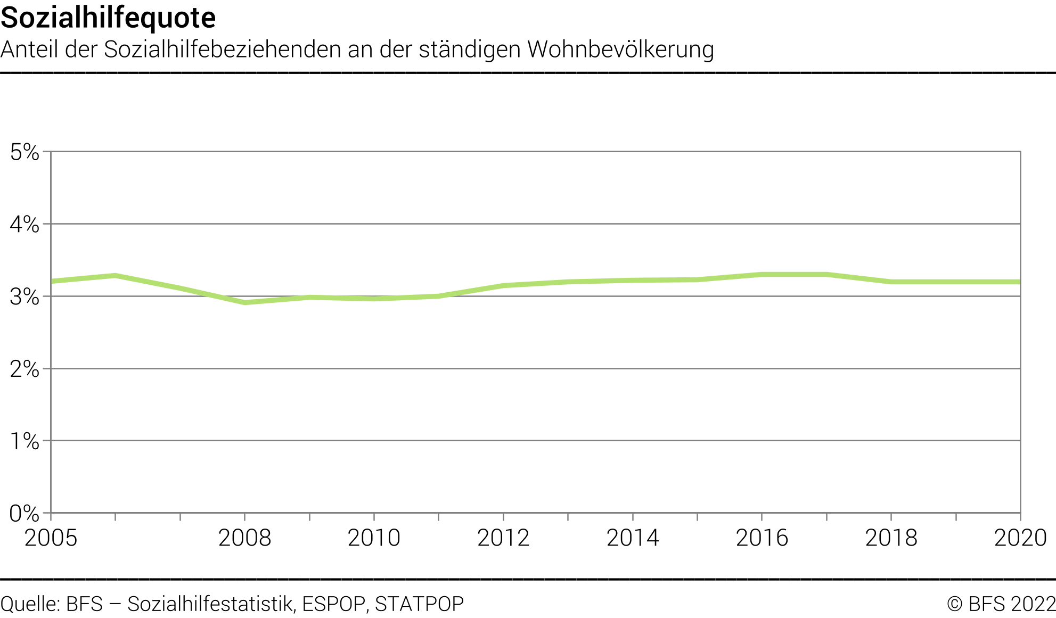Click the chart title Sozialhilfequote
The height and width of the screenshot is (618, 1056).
click(108, 18)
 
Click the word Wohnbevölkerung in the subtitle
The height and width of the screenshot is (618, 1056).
click(620, 50)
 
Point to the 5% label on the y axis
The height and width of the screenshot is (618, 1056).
click(24, 153)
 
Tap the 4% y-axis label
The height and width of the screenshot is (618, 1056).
click(24, 225)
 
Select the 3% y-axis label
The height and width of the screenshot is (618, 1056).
click(24, 297)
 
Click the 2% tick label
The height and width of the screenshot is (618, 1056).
click(24, 369)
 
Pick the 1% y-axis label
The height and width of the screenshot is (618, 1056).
click(24, 441)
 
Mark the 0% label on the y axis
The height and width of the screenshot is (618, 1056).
click(24, 514)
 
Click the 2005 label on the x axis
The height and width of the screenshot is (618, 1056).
click(51, 538)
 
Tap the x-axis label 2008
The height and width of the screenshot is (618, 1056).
click(244, 538)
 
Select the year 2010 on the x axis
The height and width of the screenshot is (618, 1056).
click(374, 538)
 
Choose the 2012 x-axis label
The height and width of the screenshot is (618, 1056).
click(503, 538)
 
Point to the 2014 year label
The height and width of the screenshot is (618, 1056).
click(633, 538)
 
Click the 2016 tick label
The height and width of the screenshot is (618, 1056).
click(762, 538)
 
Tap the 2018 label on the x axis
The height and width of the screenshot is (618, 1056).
click(891, 538)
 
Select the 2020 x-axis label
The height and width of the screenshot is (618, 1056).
click(1020, 538)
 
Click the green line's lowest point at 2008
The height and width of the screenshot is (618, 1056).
click(245, 302)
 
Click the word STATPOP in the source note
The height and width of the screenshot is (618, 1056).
click(419, 604)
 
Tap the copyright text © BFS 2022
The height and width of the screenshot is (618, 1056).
click(1001, 604)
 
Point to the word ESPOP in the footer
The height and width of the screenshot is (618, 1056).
click(334, 604)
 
